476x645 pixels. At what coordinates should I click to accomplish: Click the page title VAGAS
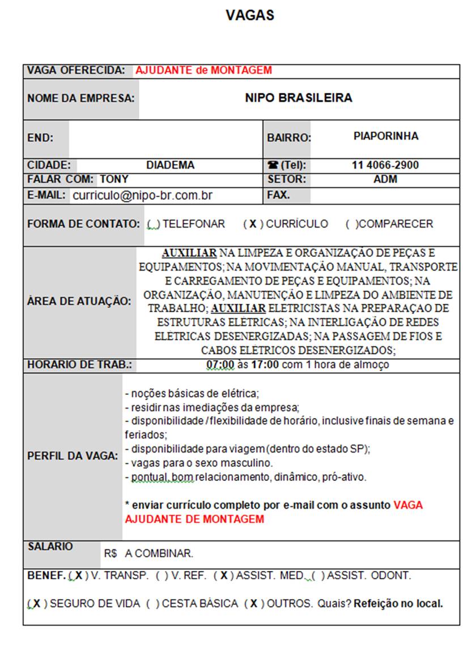250,15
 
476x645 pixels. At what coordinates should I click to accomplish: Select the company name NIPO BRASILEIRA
299,98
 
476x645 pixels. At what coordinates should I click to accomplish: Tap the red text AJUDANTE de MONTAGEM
203,71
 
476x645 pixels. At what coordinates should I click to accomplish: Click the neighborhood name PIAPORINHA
385,136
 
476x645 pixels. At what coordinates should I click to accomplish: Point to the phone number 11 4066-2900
385,165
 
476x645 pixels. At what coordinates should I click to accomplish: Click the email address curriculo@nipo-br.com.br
143,196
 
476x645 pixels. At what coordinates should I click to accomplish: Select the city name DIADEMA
170,165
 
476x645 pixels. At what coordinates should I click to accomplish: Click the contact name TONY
114,179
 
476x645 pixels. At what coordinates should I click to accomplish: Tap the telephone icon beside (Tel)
273,166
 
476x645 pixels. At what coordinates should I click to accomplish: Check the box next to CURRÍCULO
253,224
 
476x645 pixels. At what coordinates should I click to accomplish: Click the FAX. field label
279,195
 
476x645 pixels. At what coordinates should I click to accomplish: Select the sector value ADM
385,179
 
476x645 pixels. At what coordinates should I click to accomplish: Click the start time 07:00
220,365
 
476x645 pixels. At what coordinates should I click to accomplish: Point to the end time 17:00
264,365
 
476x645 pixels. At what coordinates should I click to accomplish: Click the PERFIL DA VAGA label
73,456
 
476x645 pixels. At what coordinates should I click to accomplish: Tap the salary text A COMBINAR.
159,553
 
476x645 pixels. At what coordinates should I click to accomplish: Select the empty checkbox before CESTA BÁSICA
152,604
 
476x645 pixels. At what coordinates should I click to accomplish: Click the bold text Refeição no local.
398,604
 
